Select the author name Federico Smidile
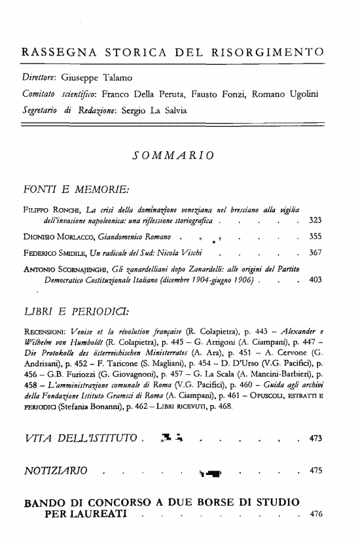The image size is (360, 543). click(57, 252)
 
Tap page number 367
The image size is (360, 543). click(315, 252)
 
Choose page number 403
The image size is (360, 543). click(315, 279)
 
